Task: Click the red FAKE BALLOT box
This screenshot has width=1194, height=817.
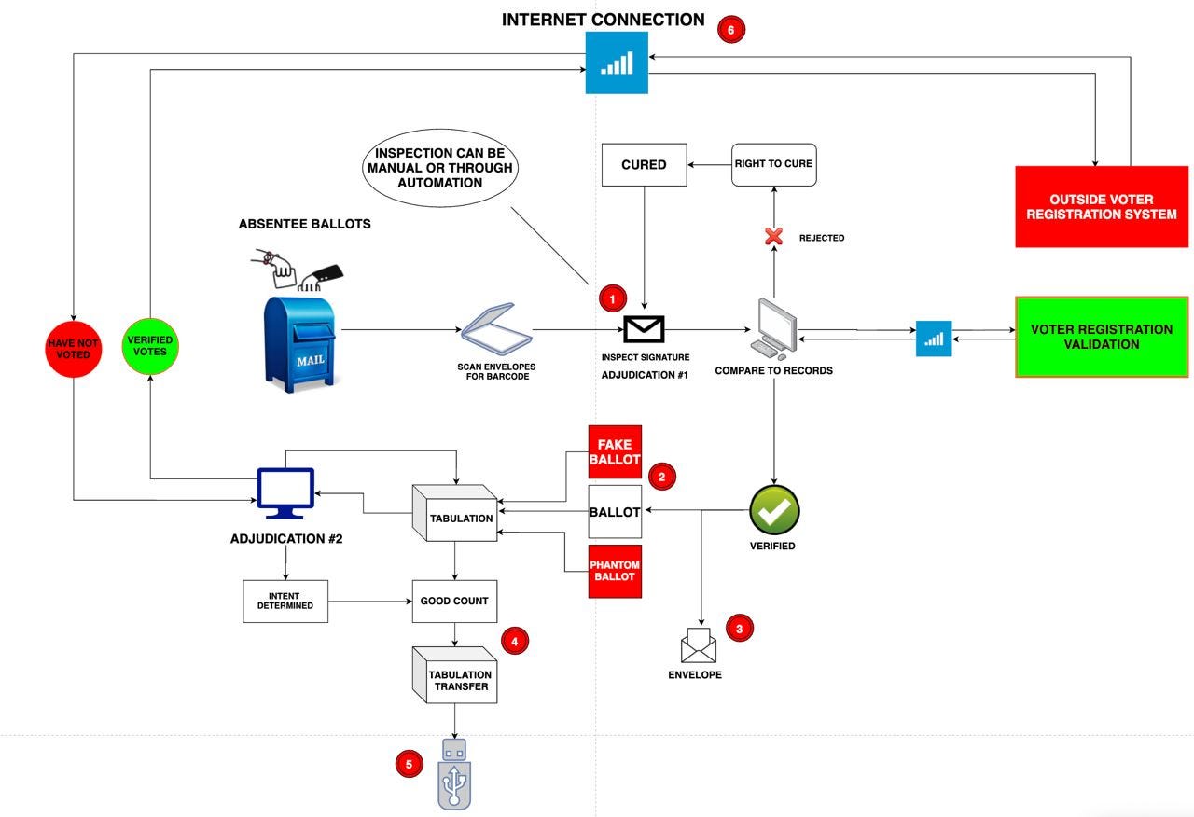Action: click(615, 452)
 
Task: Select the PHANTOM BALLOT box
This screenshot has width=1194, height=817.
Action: click(615, 572)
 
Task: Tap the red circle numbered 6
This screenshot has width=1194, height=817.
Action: click(730, 29)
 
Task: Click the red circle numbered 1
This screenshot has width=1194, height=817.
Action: click(613, 298)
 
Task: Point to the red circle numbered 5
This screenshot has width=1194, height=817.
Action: click(409, 764)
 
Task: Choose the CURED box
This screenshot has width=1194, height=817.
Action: click(644, 165)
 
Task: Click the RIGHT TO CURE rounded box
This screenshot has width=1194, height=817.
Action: click(773, 165)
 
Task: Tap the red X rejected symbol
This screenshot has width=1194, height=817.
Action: click(773, 236)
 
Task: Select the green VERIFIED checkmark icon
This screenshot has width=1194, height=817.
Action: click(774, 510)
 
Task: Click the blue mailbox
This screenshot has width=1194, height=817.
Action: click(299, 344)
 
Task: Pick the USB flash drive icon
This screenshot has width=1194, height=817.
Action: click(454, 774)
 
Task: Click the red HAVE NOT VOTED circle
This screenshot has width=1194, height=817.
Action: click(73, 349)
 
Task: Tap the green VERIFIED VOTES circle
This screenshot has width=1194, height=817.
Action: click(150, 346)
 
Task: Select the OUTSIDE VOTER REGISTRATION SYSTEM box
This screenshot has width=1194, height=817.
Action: click(1102, 206)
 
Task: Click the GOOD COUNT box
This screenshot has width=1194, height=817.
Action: click(454, 602)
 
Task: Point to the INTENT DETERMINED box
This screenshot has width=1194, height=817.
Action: click(285, 602)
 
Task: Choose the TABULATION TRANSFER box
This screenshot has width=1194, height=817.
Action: click(454, 674)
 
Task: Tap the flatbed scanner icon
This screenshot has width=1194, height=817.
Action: click(496, 329)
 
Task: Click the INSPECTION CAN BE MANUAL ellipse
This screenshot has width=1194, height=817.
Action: click(439, 168)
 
